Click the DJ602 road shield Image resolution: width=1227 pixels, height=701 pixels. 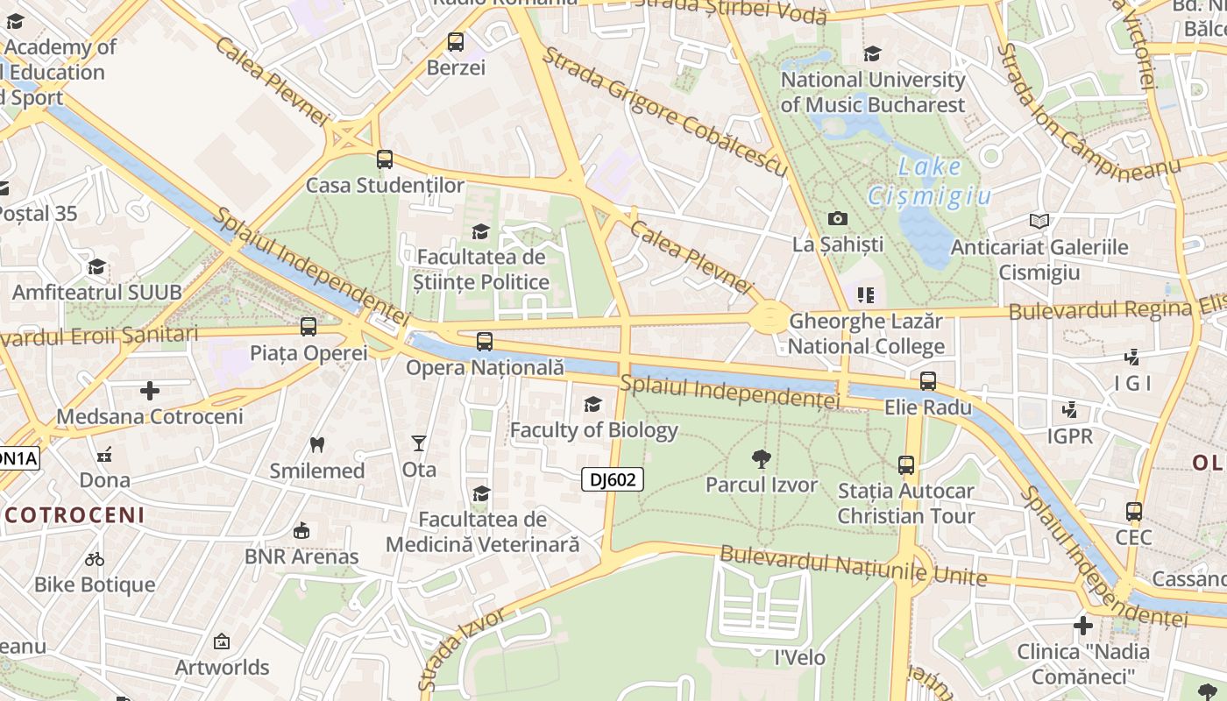[x=612, y=479]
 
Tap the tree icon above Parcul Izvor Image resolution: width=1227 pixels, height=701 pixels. [x=761, y=458]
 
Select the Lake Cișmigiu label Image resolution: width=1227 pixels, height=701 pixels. [x=929, y=181]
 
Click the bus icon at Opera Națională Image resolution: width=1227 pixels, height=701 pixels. [x=484, y=342]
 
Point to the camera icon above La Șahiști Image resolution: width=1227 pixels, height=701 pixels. [x=837, y=218]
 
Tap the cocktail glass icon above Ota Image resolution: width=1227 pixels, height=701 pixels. [x=419, y=443]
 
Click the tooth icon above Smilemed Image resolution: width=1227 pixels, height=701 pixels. [x=317, y=445]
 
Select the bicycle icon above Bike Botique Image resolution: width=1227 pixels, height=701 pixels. [x=95, y=559]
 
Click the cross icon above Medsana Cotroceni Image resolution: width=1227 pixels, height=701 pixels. [x=150, y=390]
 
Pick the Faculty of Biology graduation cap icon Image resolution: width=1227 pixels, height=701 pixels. [x=593, y=404]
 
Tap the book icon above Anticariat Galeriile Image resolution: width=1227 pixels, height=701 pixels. [x=1039, y=222]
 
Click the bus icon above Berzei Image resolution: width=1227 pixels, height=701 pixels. [x=455, y=41]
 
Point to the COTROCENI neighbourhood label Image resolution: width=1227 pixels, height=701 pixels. [x=73, y=514]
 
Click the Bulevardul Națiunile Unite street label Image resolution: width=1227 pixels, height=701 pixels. [x=853, y=566]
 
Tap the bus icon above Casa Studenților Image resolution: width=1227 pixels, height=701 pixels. [x=384, y=159]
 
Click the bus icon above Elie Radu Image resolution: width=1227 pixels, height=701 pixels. [x=927, y=381]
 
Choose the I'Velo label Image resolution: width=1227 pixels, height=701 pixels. [x=799, y=657]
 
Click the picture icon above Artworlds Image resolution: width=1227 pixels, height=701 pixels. [x=221, y=642]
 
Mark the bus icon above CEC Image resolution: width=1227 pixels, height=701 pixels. [x=1133, y=511]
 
